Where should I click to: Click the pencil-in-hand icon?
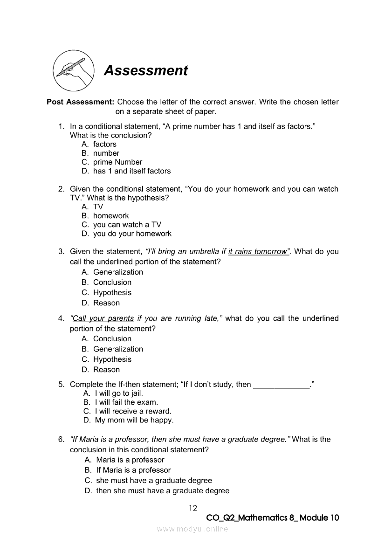point(73,71)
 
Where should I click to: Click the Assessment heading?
point(146,70)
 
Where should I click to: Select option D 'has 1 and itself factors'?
point(132,171)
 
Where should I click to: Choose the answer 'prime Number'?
point(117,162)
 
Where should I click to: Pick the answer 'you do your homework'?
point(132,234)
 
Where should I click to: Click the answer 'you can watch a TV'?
point(127,225)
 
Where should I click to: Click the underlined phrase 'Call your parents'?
point(102,318)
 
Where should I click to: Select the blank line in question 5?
point(281,385)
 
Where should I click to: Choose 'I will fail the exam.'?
point(126,402)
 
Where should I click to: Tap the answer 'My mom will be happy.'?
point(134,420)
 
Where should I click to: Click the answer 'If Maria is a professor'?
point(133,470)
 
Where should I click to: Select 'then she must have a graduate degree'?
point(163,491)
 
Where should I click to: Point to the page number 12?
point(193,508)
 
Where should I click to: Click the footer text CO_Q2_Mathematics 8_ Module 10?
point(272,518)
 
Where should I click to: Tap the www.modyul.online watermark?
point(192,529)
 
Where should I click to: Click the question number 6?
point(61,439)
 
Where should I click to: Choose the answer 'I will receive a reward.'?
point(133,411)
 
